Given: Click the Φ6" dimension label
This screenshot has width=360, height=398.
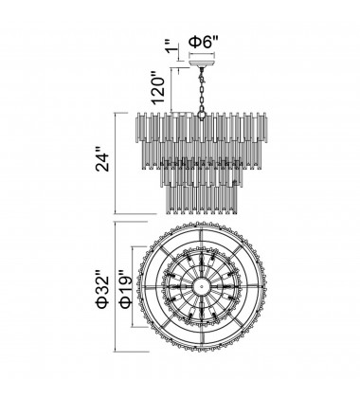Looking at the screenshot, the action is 204,42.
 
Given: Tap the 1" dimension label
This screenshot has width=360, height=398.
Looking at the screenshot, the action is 173,46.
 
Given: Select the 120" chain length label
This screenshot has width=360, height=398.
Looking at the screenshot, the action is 158,88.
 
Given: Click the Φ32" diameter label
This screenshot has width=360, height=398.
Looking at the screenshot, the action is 102,287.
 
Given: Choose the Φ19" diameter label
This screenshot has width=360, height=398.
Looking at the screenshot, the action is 125,287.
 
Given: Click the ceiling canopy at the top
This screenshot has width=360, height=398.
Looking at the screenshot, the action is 202,62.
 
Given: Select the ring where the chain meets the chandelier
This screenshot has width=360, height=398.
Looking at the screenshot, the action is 201,115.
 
